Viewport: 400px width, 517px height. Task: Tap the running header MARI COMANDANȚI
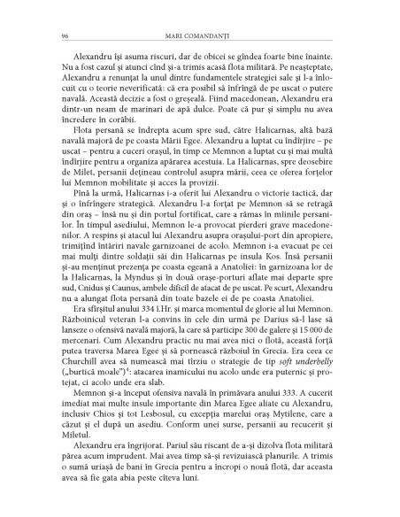tap(199, 36)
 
